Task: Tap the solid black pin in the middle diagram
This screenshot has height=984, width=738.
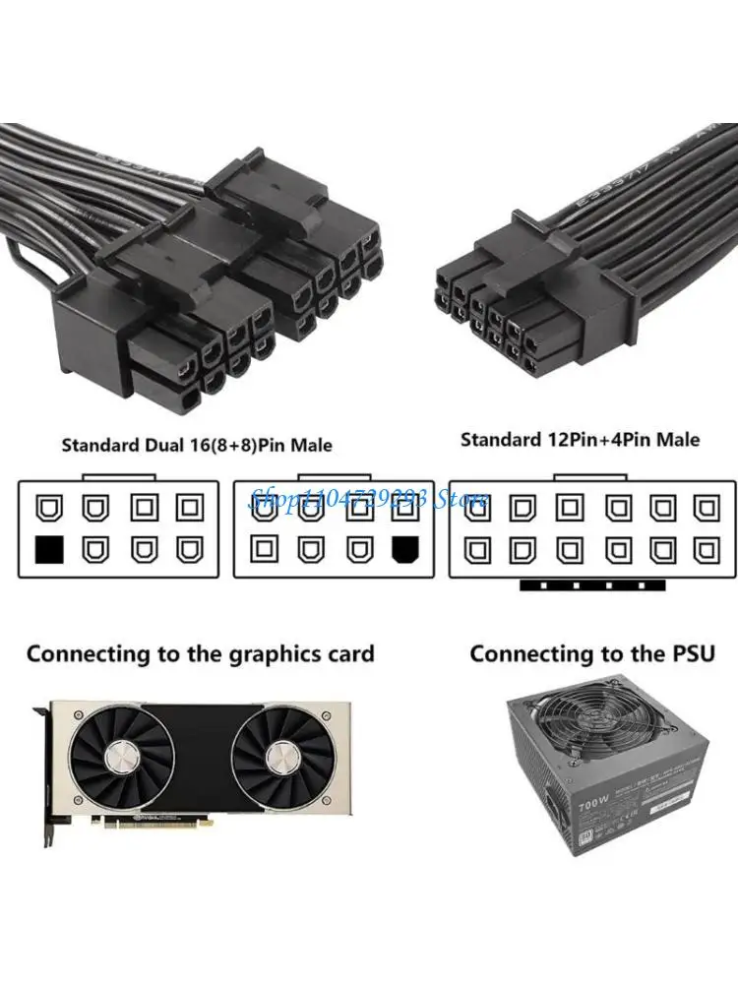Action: pos(403,549)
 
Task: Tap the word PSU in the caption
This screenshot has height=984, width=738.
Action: pos(688,653)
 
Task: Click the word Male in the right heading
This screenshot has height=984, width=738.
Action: pos(678,439)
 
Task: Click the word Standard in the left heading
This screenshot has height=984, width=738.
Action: pos(97,445)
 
